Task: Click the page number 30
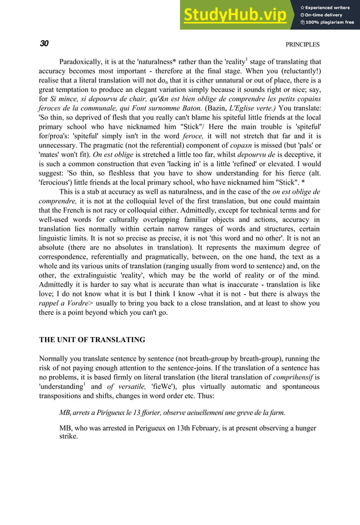44,44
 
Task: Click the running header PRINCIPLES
302,45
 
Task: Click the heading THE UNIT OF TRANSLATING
91,340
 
